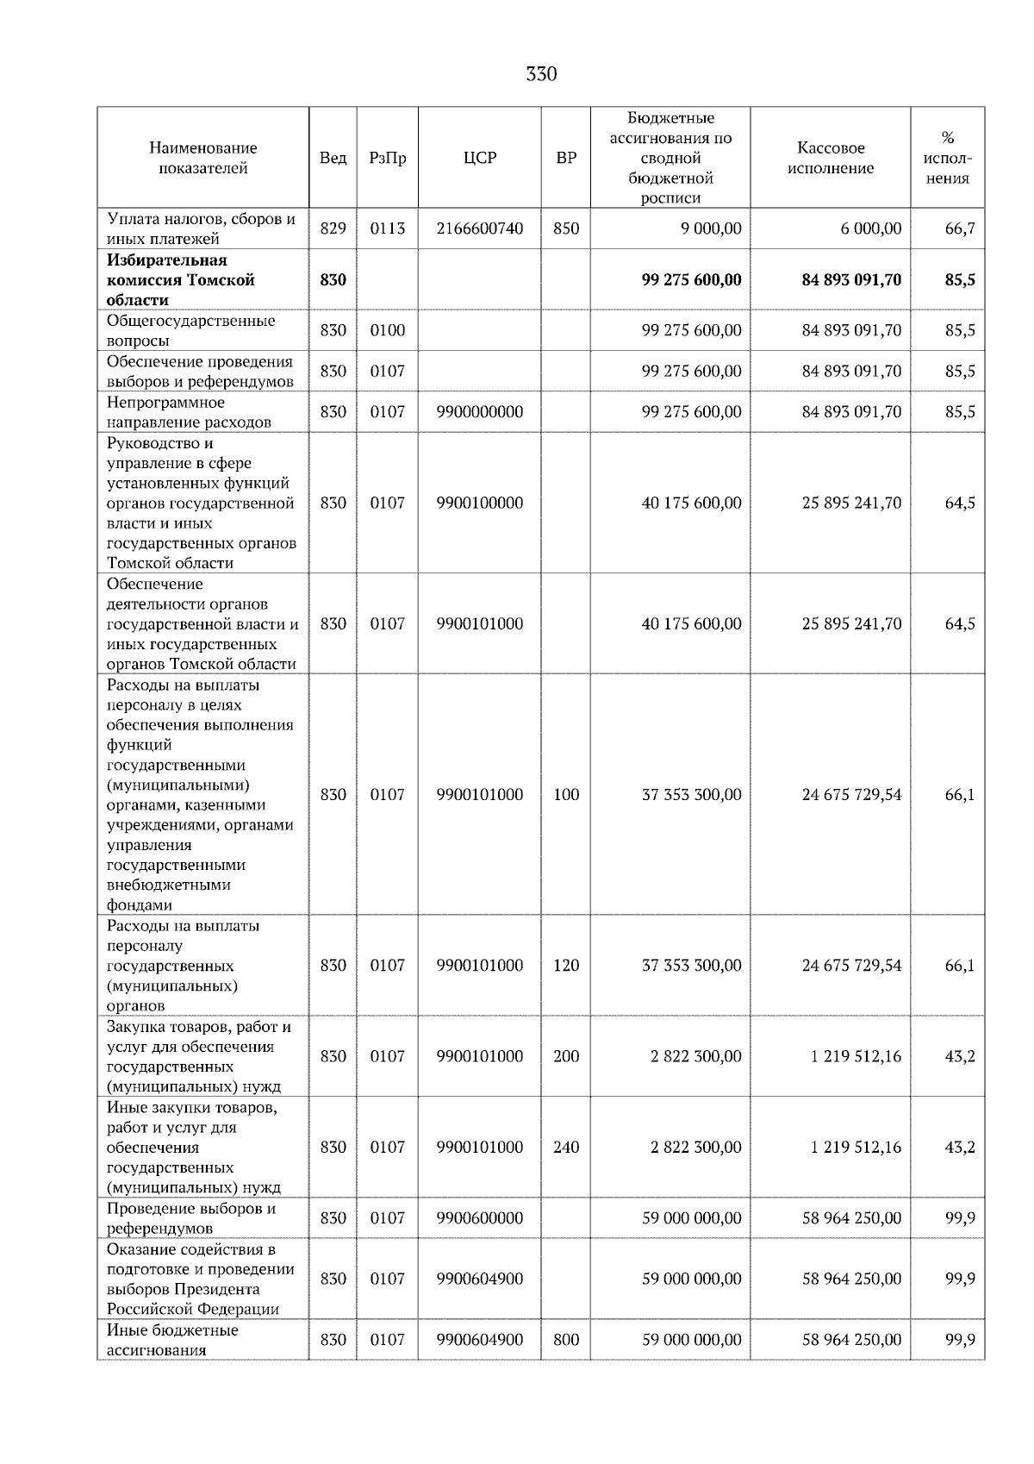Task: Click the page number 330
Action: click(541, 74)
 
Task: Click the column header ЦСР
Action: click(480, 158)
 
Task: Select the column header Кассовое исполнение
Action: click(831, 158)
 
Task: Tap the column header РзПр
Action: click(388, 158)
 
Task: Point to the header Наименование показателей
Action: click(202, 158)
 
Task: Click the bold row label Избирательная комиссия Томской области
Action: click(181, 280)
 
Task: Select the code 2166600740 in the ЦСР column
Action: click(480, 228)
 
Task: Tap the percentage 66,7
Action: click(960, 228)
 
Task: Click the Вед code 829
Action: click(333, 228)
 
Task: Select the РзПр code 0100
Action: click(388, 330)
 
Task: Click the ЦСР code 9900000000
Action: click(480, 412)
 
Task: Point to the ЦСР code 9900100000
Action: click(480, 503)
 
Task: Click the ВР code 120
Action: click(566, 966)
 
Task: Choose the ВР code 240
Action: click(566, 1148)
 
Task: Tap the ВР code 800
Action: click(566, 1340)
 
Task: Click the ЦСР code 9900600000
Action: click(480, 1218)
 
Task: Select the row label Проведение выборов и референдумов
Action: click(191, 1218)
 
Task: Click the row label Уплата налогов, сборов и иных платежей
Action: click(201, 228)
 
